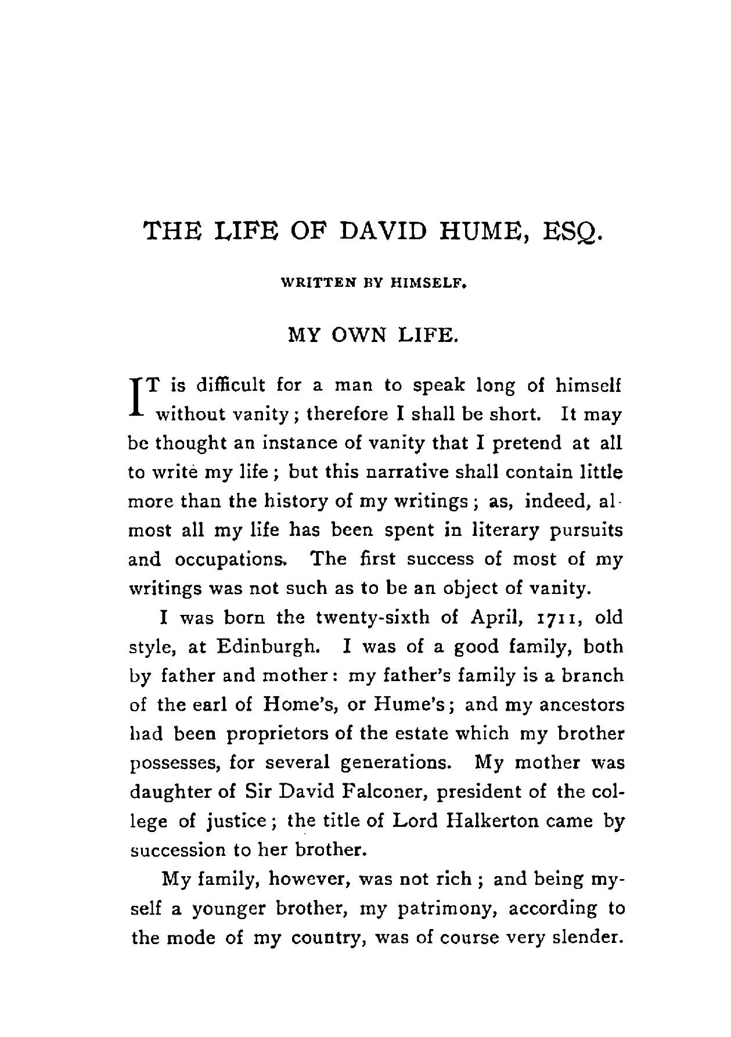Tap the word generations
point(394,763)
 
